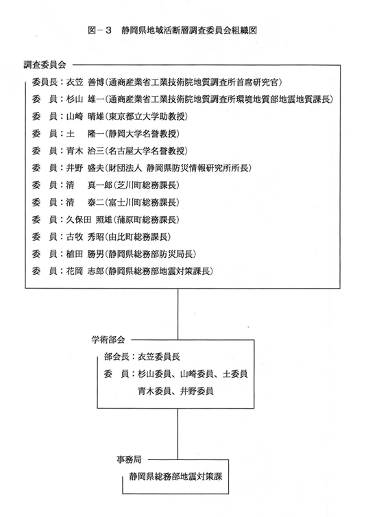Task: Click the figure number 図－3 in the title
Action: (100, 31)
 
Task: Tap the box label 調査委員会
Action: (45, 64)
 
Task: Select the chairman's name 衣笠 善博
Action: (86, 82)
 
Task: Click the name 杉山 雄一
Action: (86, 99)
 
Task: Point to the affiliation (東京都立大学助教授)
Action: (146, 117)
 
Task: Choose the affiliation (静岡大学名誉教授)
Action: (142, 134)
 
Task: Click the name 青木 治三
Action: (86, 151)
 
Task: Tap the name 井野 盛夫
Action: (86, 168)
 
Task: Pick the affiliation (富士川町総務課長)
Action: (142, 202)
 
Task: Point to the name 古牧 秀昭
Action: (86, 237)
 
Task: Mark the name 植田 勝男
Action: (86, 254)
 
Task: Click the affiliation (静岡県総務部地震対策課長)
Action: (159, 271)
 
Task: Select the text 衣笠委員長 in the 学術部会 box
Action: (159, 357)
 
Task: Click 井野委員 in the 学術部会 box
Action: (197, 391)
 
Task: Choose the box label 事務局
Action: (129, 459)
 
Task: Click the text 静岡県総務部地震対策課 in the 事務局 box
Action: (175, 477)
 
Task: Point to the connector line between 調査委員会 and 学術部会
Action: (178, 314)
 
